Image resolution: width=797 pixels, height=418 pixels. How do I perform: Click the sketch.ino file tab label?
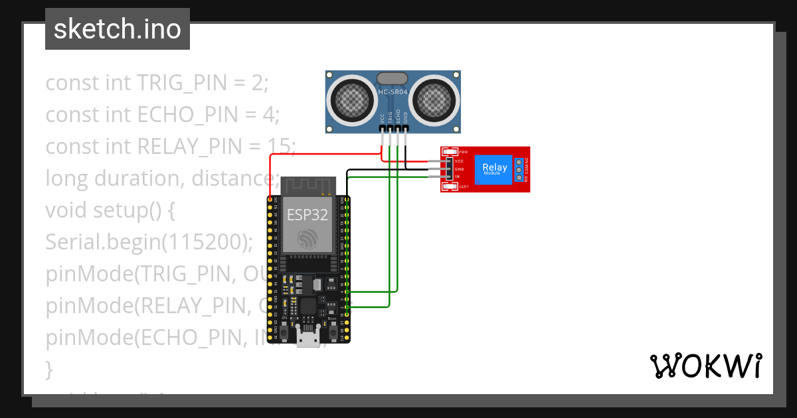tap(118, 29)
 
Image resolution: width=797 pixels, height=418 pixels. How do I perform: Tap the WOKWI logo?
tap(705, 366)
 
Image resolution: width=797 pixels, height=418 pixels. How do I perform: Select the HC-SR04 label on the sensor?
tap(393, 92)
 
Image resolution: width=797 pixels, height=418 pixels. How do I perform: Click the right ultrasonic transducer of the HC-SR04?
tap(434, 100)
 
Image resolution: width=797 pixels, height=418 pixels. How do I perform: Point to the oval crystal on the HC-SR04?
tap(393, 78)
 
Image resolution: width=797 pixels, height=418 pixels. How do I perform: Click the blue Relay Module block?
tap(495, 169)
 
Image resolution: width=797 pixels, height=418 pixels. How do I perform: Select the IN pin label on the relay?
tap(458, 177)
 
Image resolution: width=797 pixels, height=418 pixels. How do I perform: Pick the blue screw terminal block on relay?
tap(518, 169)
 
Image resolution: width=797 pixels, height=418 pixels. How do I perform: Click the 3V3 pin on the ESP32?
tap(270, 199)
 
